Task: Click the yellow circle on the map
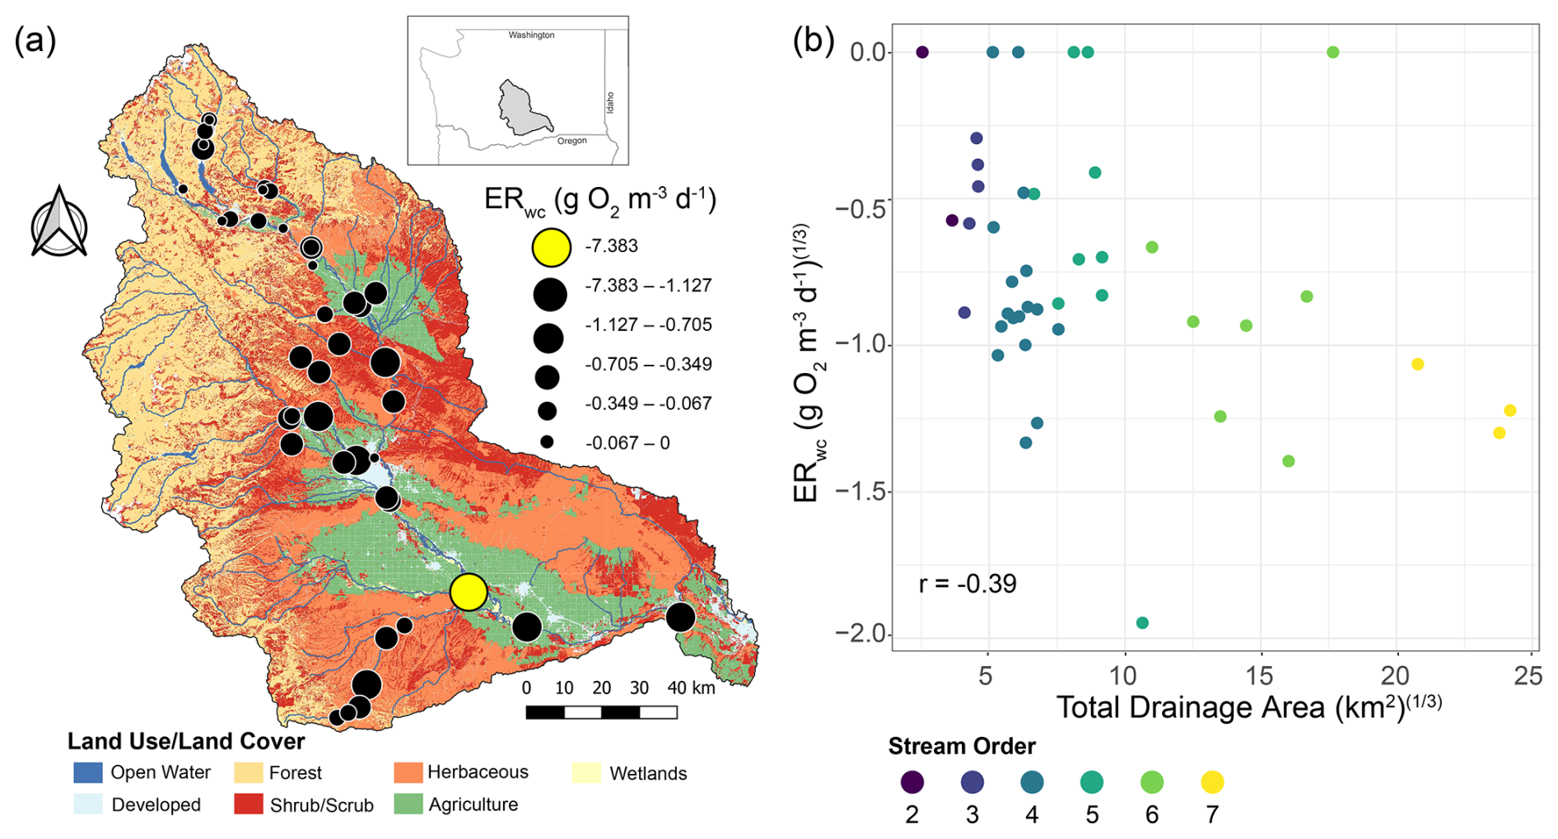pyautogui.click(x=469, y=592)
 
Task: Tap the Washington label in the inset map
pyautogui.click(x=531, y=35)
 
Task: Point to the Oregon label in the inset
pyautogui.click(x=571, y=141)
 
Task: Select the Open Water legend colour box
pyautogui.click(x=88, y=772)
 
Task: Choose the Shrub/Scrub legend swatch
pyautogui.click(x=248, y=804)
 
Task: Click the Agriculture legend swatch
pyautogui.click(x=408, y=804)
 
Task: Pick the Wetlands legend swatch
pyautogui.click(x=586, y=772)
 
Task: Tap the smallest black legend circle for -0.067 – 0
pyautogui.click(x=547, y=442)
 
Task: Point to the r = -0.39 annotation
pyautogui.click(x=968, y=584)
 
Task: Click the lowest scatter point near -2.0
pyautogui.click(x=1142, y=623)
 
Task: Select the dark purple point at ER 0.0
pyautogui.click(x=922, y=53)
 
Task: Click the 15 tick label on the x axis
pyautogui.click(x=1260, y=676)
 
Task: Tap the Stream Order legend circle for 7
pyautogui.click(x=1212, y=782)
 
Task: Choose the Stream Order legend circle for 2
pyautogui.click(x=912, y=782)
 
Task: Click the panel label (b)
pyautogui.click(x=813, y=40)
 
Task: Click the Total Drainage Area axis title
pyautogui.click(x=1248, y=707)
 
